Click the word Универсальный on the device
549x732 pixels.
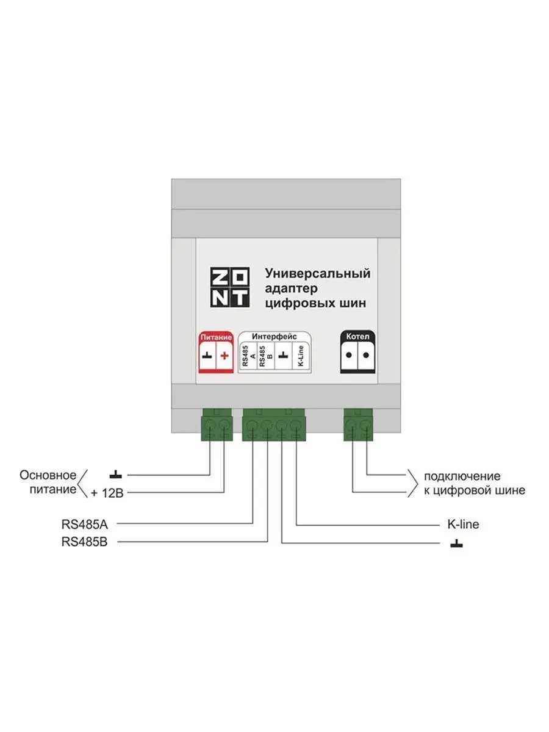pyautogui.click(x=317, y=273)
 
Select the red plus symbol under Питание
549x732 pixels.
pyautogui.click(x=224, y=356)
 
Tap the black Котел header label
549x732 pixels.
pyautogui.click(x=357, y=337)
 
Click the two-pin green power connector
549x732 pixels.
pyautogui.click(x=217, y=425)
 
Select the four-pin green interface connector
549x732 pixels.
pyautogui.click(x=274, y=425)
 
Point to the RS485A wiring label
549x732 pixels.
pyautogui.click(x=84, y=523)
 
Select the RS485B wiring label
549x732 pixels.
pyautogui.click(x=84, y=542)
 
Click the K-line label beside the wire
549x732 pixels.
pyautogui.click(x=463, y=524)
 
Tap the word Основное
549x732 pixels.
pyautogui.click(x=48, y=475)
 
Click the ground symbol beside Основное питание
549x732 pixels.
pyautogui.click(x=116, y=475)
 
